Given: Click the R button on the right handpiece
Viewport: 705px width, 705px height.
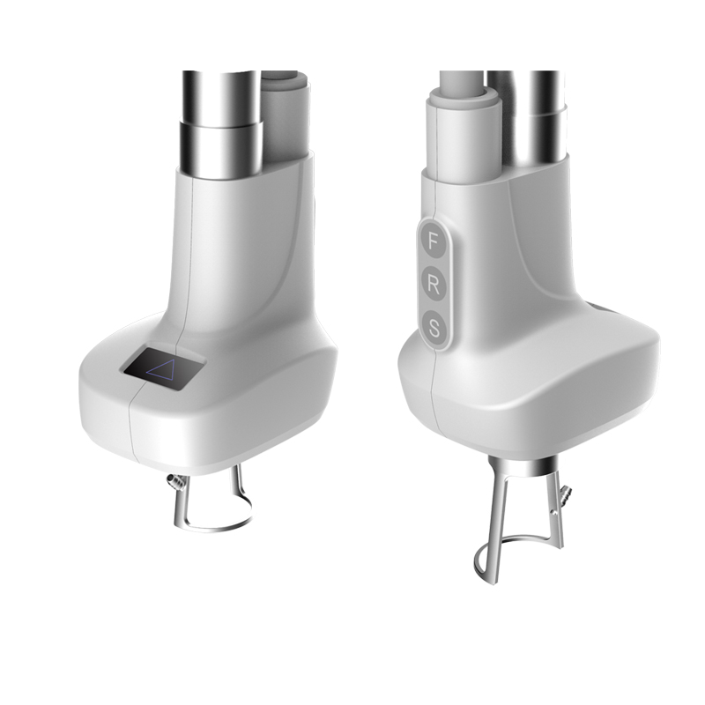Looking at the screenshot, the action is [x=433, y=285].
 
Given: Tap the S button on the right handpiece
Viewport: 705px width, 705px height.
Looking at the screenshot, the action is [x=434, y=328].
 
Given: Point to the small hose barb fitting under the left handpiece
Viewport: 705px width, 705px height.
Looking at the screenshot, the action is [x=174, y=482].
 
